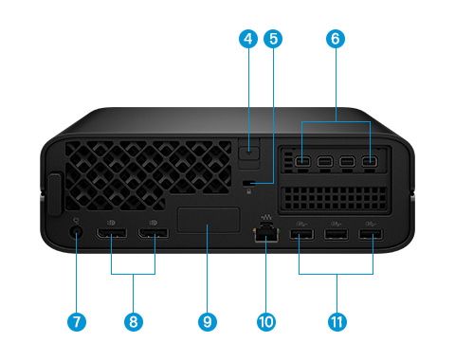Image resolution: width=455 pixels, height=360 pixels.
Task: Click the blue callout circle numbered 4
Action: [x=248, y=40]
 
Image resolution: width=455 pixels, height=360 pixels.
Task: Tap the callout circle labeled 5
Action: [x=275, y=40]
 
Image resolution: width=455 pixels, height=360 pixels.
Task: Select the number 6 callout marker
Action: [x=335, y=40]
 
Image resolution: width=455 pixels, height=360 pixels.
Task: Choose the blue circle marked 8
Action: [x=134, y=321]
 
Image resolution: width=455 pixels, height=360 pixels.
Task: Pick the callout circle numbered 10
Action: [x=266, y=321]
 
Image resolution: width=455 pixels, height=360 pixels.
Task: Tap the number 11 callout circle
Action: [x=336, y=321]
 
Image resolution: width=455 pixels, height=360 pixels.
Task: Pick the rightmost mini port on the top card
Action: [x=368, y=162]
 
